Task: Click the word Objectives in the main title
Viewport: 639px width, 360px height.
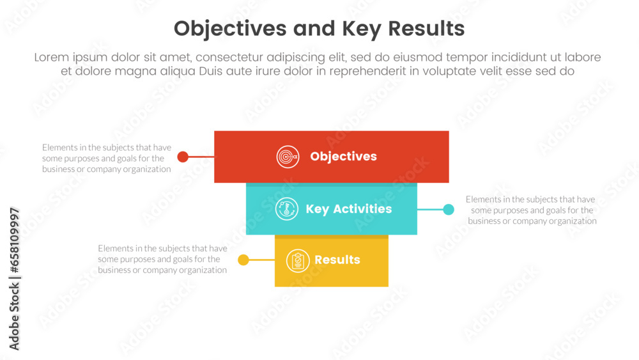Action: (230, 29)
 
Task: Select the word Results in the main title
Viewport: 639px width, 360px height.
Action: (426, 29)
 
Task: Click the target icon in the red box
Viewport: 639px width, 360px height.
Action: (288, 157)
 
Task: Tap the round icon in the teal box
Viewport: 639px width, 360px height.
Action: (287, 208)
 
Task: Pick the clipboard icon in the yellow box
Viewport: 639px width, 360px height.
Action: (298, 260)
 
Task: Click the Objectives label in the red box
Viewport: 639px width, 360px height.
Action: (344, 157)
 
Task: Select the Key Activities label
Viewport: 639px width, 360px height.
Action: (349, 209)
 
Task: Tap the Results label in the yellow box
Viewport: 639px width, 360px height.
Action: (337, 260)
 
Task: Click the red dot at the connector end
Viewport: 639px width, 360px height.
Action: (183, 157)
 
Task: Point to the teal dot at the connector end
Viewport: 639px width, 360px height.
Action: (449, 210)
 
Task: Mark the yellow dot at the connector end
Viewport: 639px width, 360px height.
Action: (243, 260)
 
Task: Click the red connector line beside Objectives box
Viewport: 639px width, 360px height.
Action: (201, 157)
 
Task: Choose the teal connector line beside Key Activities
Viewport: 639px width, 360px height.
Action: (430, 210)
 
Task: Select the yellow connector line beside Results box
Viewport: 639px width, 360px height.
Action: (261, 260)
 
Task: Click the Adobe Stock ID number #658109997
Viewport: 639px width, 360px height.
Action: (14, 240)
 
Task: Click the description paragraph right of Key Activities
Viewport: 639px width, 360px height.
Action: (532, 210)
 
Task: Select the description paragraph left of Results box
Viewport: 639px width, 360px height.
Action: (162, 259)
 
